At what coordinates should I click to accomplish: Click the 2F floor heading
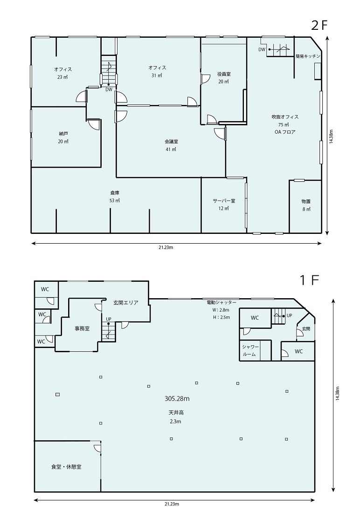(x=319, y=26)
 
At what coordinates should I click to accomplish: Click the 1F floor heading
(x=310, y=280)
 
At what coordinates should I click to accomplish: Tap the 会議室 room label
(x=171, y=141)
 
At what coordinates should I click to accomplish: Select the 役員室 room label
(x=223, y=74)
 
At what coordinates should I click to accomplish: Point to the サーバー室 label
(x=224, y=201)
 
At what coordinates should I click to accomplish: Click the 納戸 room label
(x=63, y=134)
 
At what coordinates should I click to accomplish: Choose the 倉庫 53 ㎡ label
(x=115, y=196)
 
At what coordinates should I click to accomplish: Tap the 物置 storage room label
(x=306, y=201)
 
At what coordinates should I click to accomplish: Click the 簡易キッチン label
(x=308, y=56)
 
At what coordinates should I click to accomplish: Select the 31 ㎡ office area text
(x=157, y=75)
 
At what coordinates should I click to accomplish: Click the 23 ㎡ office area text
(x=62, y=77)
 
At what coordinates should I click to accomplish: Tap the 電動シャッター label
(x=222, y=302)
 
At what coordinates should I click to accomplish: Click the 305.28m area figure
(x=177, y=399)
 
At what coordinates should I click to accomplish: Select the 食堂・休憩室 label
(x=66, y=467)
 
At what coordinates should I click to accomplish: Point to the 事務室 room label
(x=82, y=328)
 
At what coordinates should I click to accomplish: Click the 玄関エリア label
(x=125, y=302)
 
